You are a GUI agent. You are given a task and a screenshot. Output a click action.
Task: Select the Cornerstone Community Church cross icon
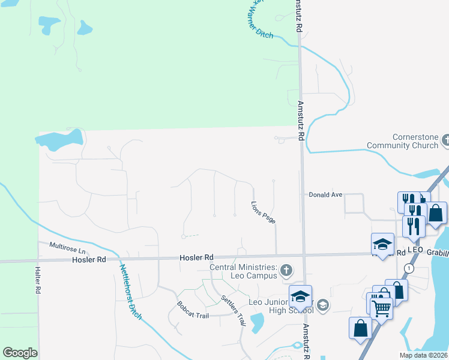[x=445, y=140]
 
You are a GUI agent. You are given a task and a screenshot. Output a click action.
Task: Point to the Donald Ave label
[x=325, y=195]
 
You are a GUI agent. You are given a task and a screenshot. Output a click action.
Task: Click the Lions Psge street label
[x=264, y=212]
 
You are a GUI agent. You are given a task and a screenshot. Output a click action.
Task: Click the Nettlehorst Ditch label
[x=130, y=292]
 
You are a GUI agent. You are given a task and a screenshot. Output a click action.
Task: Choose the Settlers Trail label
[x=234, y=310]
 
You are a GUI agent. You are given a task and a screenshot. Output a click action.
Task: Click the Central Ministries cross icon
[x=287, y=271]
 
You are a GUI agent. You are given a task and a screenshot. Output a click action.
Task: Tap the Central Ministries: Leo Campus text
[x=243, y=271]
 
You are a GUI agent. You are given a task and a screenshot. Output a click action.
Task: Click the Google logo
[x=20, y=353]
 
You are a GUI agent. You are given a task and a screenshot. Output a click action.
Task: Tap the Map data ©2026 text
[x=424, y=355]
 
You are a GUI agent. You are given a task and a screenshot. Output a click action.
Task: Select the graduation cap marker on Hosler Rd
[x=382, y=244]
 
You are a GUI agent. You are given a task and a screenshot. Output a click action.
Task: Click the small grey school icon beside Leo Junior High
[x=323, y=306]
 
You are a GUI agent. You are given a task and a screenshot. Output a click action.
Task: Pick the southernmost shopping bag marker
[x=360, y=328]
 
